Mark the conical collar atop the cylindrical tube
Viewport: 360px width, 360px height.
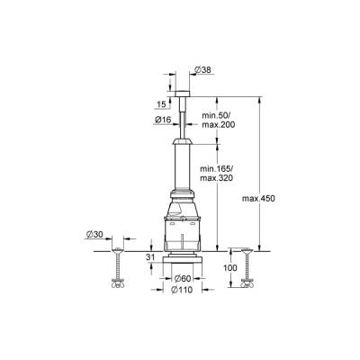coord(184,144)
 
